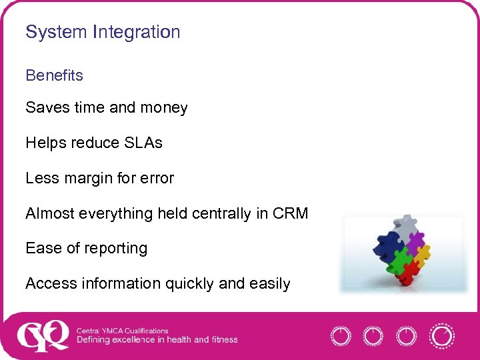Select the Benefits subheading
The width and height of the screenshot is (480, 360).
(x=54, y=75)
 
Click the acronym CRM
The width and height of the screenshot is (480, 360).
(x=291, y=213)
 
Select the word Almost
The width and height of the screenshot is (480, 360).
(x=50, y=213)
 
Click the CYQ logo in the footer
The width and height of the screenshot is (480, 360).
(x=42, y=335)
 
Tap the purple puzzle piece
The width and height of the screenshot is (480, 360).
(x=415, y=240)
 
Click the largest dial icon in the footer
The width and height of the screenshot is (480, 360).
(x=441, y=335)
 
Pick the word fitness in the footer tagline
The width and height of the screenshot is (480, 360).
(x=224, y=340)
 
